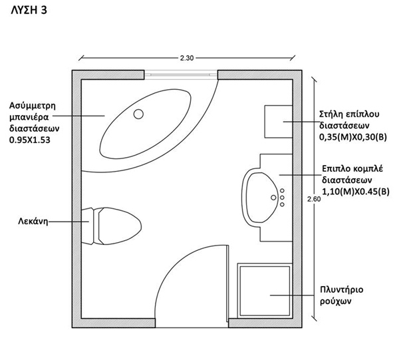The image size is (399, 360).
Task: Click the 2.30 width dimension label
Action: (x=187, y=59)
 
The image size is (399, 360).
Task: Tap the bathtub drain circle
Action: (x=138, y=114)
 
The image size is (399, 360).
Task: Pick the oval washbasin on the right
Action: (x=260, y=196)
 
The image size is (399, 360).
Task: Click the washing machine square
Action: (x=265, y=290)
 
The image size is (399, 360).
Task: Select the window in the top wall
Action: (x=179, y=75)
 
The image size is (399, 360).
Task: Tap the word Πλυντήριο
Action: (x=342, y=290)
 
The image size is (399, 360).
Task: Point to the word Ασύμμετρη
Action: (x=31, y=105)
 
